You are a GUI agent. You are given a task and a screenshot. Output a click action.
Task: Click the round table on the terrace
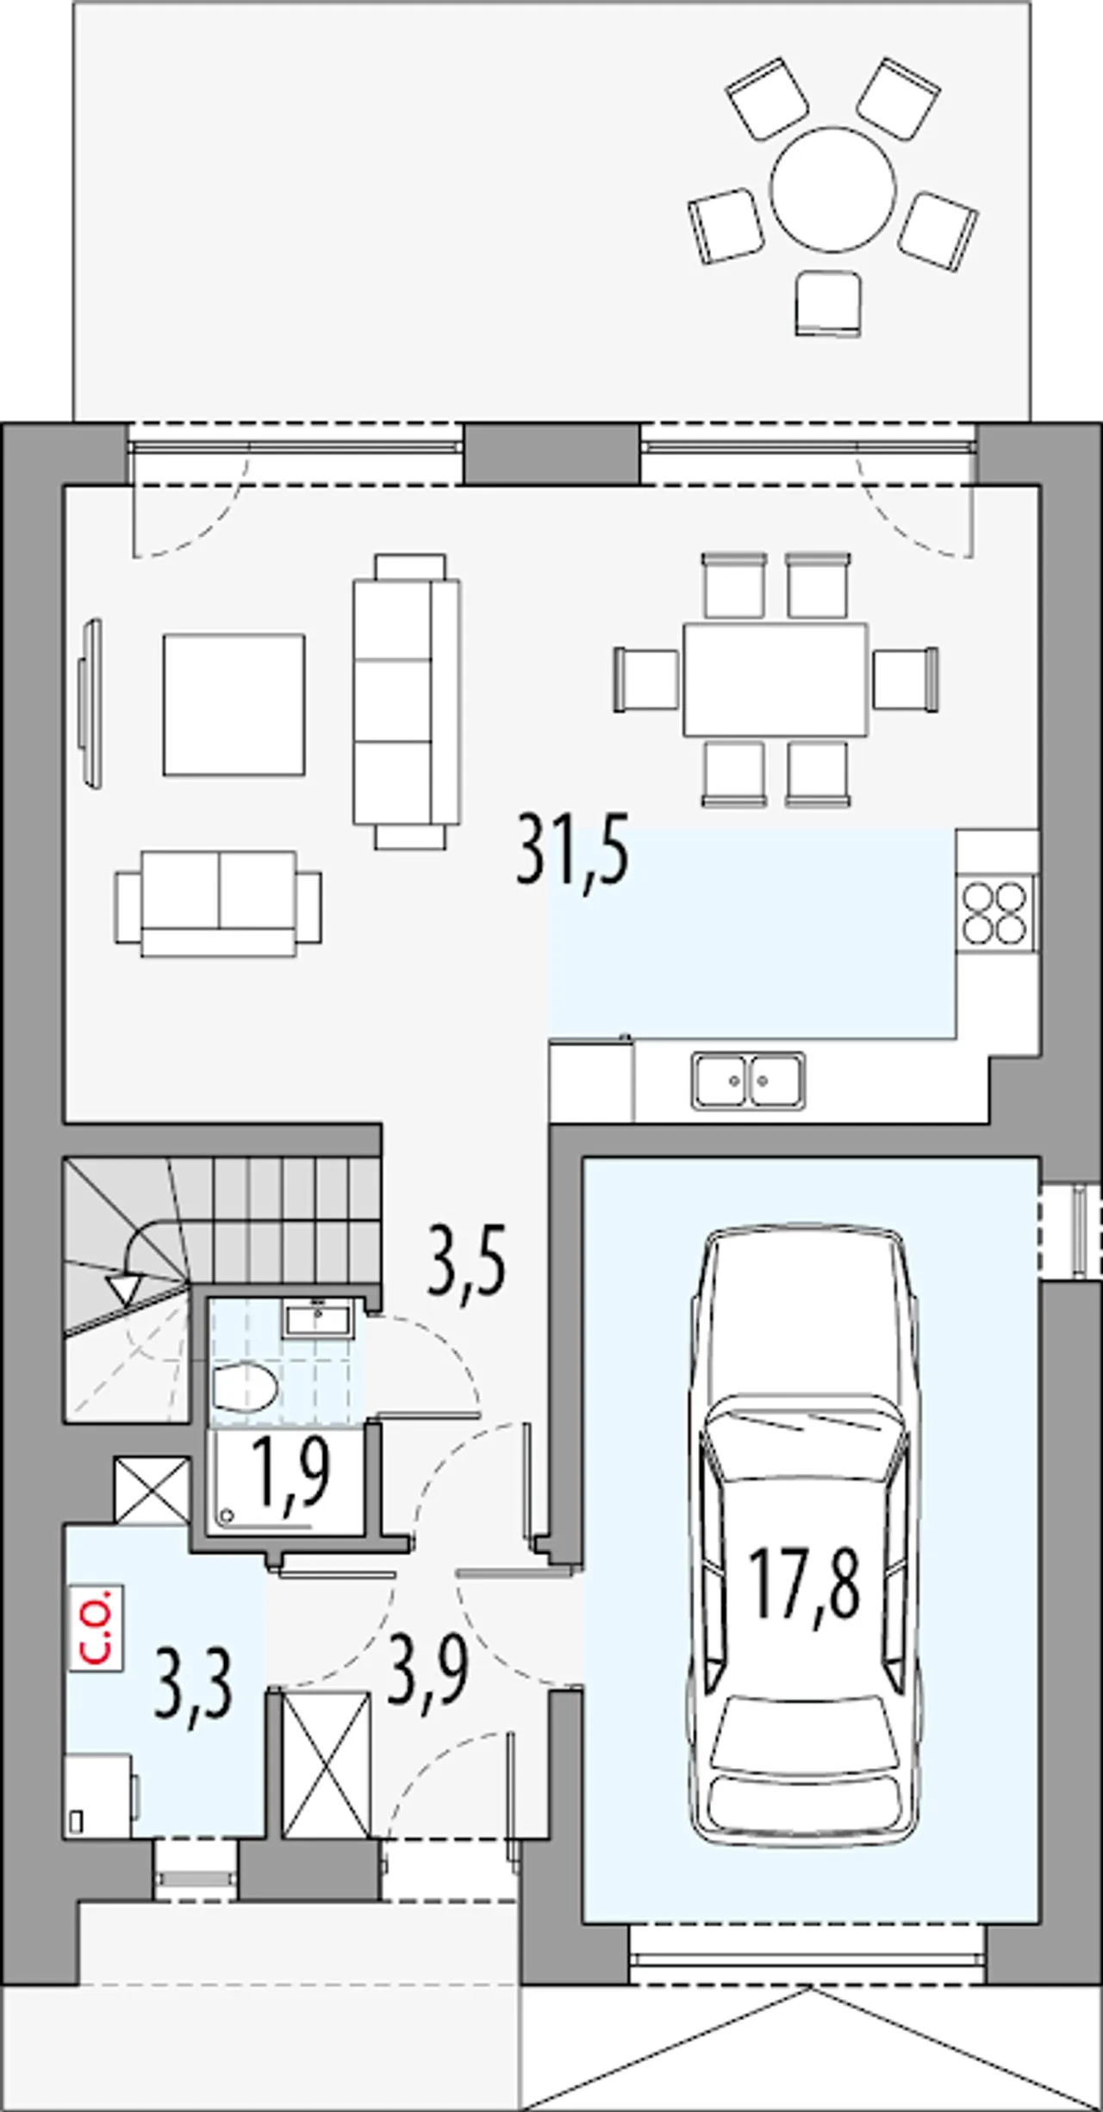(833, 189)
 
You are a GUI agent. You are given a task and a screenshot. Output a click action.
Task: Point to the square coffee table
(234, 704)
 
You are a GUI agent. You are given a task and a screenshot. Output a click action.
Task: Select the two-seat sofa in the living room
(219, 903)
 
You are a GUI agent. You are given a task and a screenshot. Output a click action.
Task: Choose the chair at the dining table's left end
(646, 680)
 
